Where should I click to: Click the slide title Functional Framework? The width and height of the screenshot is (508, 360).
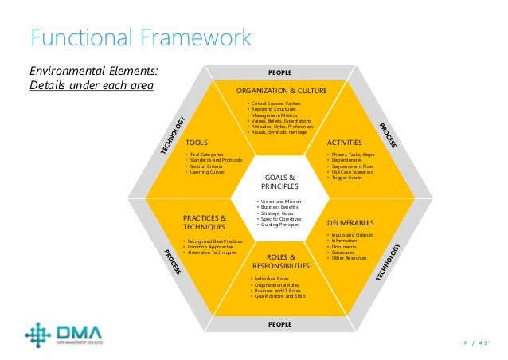coord(139,37)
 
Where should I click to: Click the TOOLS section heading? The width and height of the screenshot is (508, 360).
coord(196,142)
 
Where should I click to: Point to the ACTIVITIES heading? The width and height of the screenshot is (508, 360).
coord(345,142)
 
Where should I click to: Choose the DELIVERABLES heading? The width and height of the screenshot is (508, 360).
coord(350,223)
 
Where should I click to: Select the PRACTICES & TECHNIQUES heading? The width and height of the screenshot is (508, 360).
coord(205,222)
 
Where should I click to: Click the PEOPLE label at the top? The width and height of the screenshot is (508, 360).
coord(279,72)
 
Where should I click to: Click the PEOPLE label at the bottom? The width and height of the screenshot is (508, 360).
coord(279,324)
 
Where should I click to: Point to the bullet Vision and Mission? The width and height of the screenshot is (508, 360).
coord(279,202)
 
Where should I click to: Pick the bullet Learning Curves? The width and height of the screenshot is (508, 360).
coord(208,172)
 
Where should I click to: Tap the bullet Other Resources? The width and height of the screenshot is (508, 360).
coord(350,259)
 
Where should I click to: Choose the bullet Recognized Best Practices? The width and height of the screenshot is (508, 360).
coord(213,241)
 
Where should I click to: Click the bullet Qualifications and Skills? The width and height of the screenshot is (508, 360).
coord(279,296)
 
